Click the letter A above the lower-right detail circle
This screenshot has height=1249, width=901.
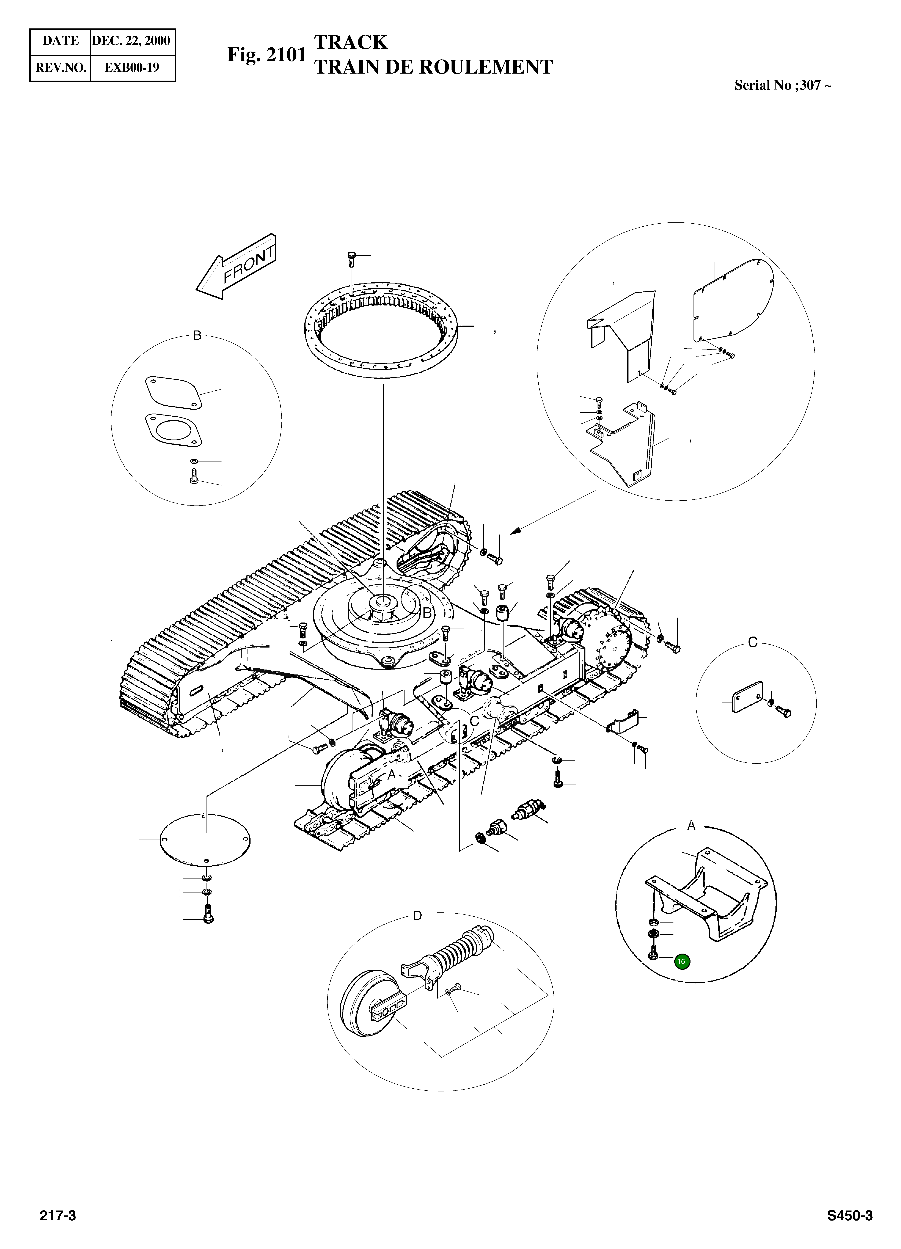pos(691,826)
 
